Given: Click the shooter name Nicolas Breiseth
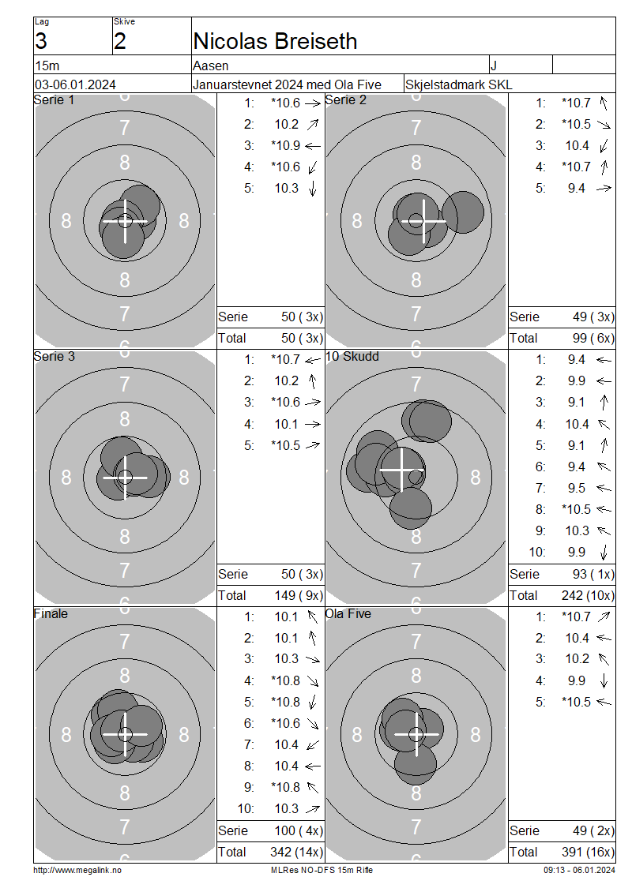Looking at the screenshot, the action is coord(275,42).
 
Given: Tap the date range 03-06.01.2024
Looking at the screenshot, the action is coord(75,84).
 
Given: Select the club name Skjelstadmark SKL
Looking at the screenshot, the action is coord(458,84).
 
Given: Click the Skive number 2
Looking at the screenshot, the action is coord(119,42).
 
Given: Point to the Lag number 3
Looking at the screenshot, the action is coord(41,42).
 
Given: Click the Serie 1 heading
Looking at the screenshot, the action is coord(54,100).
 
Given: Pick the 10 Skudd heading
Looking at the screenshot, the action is coord(352,357).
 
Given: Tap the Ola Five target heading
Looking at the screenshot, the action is coord(348,614).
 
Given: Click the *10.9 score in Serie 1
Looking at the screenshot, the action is coord(286,145).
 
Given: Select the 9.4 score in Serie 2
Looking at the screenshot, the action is coord(576,189).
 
